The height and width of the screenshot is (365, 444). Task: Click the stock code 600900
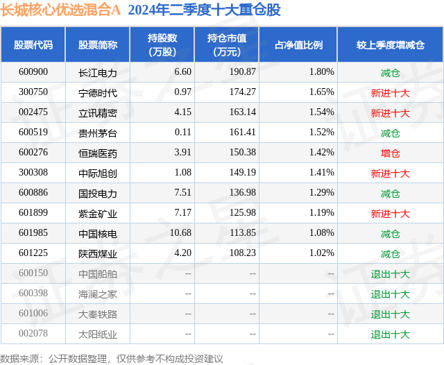[x=33, y=72]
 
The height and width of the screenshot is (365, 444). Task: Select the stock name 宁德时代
[x=98, y=92]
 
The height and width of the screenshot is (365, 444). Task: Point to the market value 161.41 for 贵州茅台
[x=242, y=133]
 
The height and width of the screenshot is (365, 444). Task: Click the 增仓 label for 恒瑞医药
[x=391, y=153]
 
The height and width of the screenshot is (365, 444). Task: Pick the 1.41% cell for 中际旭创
[x=322, y=173]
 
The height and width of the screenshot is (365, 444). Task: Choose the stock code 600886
[x=33, y=193]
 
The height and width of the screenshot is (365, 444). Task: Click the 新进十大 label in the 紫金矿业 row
[x=391, y=213]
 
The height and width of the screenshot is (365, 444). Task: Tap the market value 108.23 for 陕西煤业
[x=242, y=253]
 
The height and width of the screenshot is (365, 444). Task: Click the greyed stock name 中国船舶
[x=98, y=273]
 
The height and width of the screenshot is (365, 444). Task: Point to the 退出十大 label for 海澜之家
[x=391, y=294]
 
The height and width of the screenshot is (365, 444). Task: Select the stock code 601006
[x=33, y=314]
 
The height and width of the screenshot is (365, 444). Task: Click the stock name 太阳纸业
[x=98, y=334]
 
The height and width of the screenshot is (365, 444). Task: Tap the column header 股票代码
[x=33, y=45]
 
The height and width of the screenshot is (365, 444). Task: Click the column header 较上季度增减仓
[x=391, y=45]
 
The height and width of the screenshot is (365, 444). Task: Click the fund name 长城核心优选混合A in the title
[x=60, y=10]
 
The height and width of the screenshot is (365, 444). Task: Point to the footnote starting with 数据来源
[x=112, y=358]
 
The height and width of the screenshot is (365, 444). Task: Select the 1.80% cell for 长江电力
[x=322, y=72]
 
